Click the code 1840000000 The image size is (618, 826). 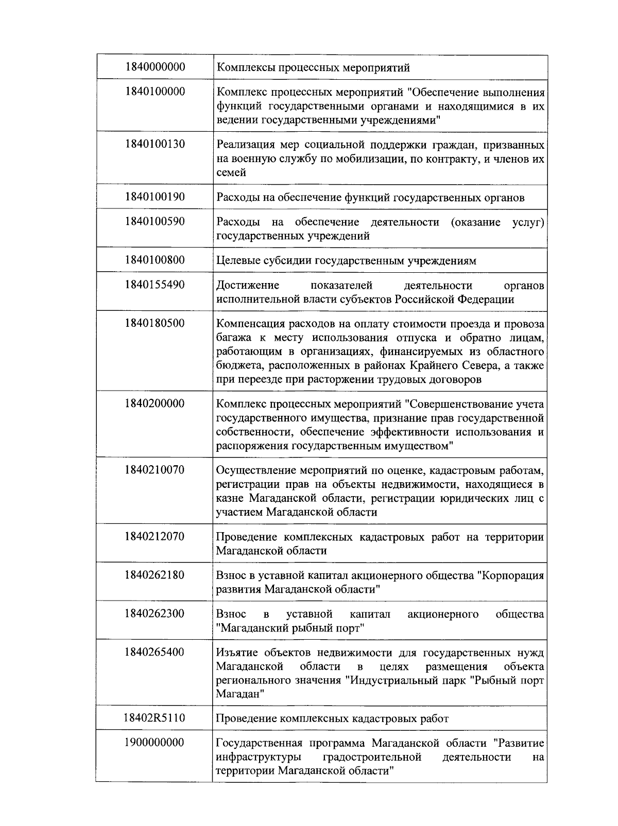point(154,67)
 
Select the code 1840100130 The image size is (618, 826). point(154,144)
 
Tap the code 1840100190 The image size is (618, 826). point(154,197)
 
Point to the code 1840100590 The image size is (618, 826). point(154,222)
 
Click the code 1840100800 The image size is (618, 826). point(154,260)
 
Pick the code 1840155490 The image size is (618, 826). point(154,285)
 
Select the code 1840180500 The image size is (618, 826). point(154,323)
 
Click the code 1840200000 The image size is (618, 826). point(154,403)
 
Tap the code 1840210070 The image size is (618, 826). point(154,470)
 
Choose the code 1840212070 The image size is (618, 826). point(154,537)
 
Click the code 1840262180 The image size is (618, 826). point(154,575)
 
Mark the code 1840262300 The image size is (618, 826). point(154,613)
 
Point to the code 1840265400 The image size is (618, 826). point(154,652)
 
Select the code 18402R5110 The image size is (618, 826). point(154,718)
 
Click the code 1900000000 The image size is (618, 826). point(154,743)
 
